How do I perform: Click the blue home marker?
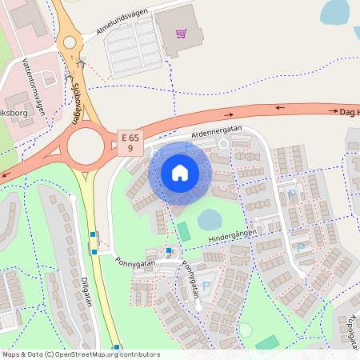[x=180, y=172]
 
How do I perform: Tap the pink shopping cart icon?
[x=181, y=34]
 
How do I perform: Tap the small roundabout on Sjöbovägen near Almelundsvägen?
[x=69, y=42]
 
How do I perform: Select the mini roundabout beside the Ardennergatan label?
[x=224, y=143]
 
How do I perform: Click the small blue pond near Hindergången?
[x=210, y=219]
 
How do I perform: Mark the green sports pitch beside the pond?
[x=184, y=232]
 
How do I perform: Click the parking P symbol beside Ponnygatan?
[x=206, y=286]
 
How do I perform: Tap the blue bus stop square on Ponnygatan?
[x=168, y=250]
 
